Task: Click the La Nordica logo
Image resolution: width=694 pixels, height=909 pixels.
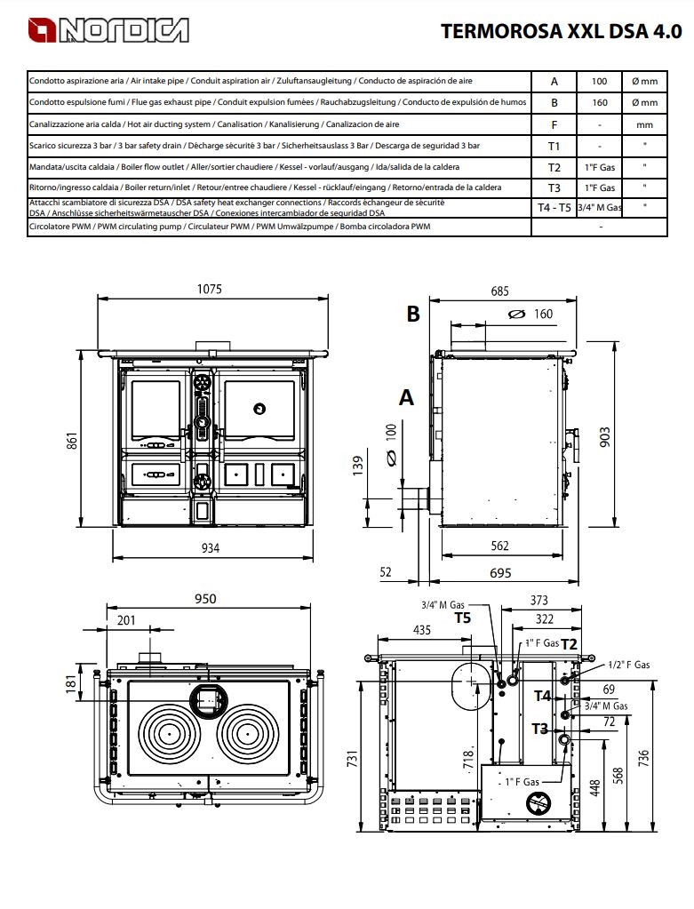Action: point(108,30)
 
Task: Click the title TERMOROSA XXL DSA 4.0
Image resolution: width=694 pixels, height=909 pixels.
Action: point(562,31)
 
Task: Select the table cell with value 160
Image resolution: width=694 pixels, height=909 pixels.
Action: point(600,102)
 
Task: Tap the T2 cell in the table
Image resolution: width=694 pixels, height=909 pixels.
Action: point(554,168)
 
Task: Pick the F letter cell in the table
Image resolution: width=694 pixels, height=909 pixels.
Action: point(554,124)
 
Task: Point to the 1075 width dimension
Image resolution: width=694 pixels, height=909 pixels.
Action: point(210,289)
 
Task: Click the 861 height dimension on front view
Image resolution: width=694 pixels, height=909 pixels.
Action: point(72,441)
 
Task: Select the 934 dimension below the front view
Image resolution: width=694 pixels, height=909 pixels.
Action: point(210,548)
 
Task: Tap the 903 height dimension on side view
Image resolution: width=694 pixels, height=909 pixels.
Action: point(605,437)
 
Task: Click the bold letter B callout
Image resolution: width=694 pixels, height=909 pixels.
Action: point(413,314)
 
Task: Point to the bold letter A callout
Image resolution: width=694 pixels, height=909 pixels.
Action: point(406,398)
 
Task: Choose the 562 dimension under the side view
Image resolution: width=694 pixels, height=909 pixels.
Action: point(499,546)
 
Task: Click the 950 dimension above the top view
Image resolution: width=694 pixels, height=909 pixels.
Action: point(205,598)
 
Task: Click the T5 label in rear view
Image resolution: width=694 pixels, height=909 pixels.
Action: point(463,618)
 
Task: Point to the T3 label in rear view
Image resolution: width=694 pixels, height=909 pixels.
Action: point(539,729)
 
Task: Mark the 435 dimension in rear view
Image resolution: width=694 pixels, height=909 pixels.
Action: point(421,630)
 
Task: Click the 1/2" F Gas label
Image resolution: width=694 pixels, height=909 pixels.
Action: point(629,665)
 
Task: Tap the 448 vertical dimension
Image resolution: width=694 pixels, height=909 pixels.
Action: point(594,788)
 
